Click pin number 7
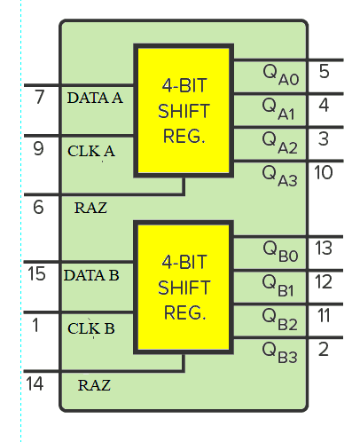click(39, 97)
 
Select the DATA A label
click(95, 98)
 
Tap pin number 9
click(38, 148)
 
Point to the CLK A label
click(91, 151)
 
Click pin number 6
click(38, 207)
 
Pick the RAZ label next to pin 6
click(90, 208)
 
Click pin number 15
click(36, 273)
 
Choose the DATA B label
click(91, 275)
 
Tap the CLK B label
click(91, 328)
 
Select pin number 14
click(35, 384)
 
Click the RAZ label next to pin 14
click(94, 385)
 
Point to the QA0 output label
click(281, 75)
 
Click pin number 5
click(325, 71)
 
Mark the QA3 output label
click(279, 176)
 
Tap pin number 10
click(324, 172)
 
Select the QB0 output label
click(280, 252)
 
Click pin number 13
click(324, 248)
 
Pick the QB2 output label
click(279, 320)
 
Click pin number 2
click(324, 350)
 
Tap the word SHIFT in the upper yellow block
click(184, 111)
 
